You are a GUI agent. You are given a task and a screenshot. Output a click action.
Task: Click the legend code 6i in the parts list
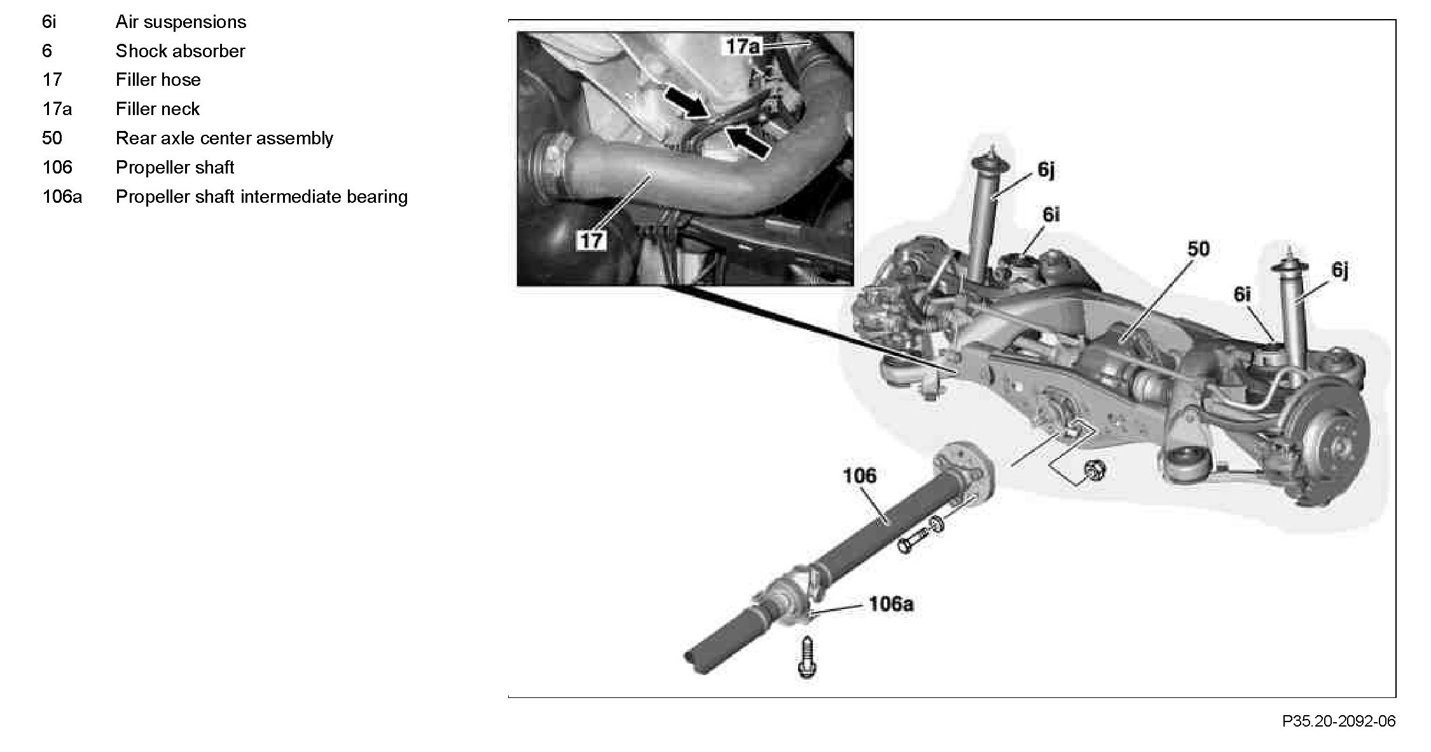pyautogui.click(x=49, y=22)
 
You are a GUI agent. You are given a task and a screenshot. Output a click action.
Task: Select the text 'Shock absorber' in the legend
pyautogui.click(x=180, y=51)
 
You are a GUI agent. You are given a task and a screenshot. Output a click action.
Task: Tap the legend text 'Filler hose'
pyautogui.click(x=158, y=80)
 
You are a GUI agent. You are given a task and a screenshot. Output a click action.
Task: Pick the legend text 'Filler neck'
pyautogui.click(x=157, y=109)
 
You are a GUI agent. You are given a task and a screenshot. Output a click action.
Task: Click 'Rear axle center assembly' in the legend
pyautogui.click(x=224, y=139)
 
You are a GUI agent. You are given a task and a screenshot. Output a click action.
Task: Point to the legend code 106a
pyautogui.click(x=62, y=197)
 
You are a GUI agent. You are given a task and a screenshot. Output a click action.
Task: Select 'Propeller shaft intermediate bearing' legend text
pyautogui.click(x=261, y=197)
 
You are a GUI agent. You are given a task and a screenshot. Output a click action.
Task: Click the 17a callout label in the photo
pyautogui.click(x=743, y=46)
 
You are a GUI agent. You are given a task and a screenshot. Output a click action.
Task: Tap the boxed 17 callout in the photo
pyautogui.click(x=591, y=240)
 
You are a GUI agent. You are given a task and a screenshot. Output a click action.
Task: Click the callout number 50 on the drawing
pyautogui.click(x=1198, y=249)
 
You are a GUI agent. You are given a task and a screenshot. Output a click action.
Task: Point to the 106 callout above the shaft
pyautogui.click(x=859, y=475)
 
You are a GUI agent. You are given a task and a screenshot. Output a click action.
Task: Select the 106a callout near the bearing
pyautogui.click(x=891, y=604)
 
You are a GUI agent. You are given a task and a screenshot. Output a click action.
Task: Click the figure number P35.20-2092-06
pyautogui.click(x=1338, y=721)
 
